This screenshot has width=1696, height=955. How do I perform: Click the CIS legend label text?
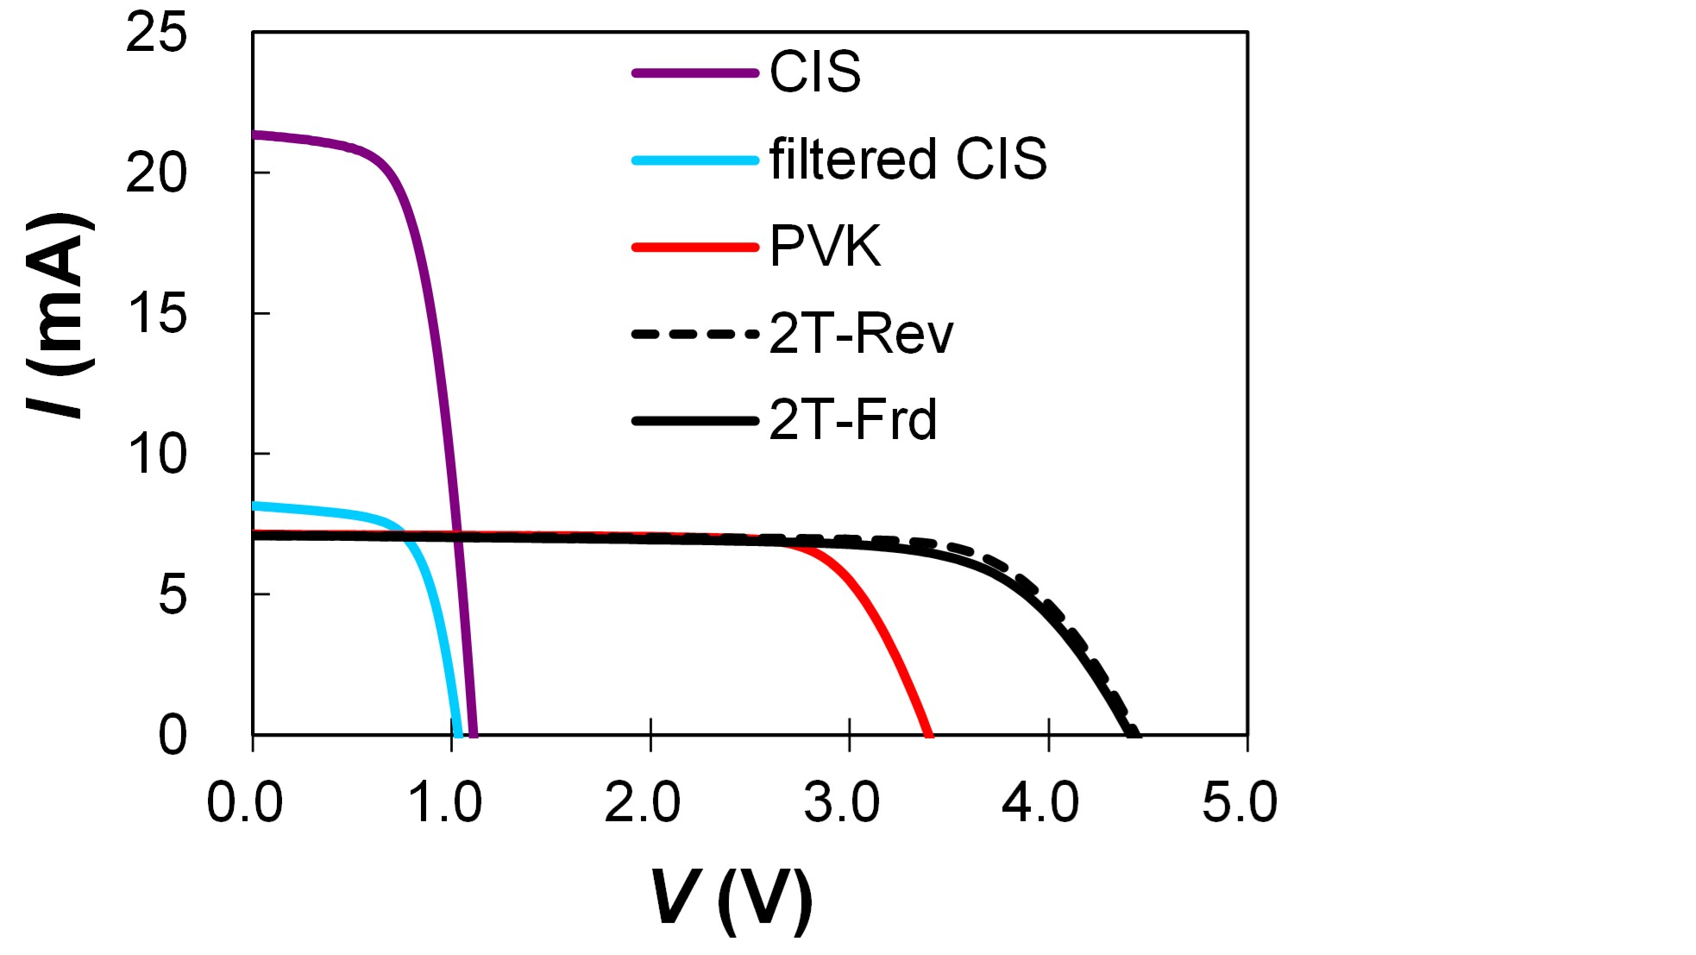814,72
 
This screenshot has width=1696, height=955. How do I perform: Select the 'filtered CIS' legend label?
908,160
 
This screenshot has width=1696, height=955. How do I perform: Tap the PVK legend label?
825,247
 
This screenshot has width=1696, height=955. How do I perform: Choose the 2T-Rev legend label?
861,334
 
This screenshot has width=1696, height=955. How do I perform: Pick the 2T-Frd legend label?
852,421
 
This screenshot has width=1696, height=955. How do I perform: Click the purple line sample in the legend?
694,73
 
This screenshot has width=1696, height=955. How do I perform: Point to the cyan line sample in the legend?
694,160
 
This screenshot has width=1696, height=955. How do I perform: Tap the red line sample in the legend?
694,248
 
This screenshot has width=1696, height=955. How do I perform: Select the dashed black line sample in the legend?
694,334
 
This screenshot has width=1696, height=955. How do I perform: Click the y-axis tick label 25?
156,35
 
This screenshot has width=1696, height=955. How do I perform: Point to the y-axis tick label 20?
156,173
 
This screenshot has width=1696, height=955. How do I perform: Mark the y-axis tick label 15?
156,314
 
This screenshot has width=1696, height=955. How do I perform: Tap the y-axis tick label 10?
156,455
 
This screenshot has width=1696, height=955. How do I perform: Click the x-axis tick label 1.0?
444,802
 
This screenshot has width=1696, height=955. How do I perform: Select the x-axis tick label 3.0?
841,802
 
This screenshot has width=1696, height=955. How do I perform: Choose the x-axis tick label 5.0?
1239,802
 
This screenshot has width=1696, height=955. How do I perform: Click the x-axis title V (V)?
732,899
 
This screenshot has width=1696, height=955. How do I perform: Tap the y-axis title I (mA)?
60,315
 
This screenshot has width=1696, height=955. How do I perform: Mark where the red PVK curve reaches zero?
928,734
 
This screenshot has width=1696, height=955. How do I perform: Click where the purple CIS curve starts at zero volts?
254,135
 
